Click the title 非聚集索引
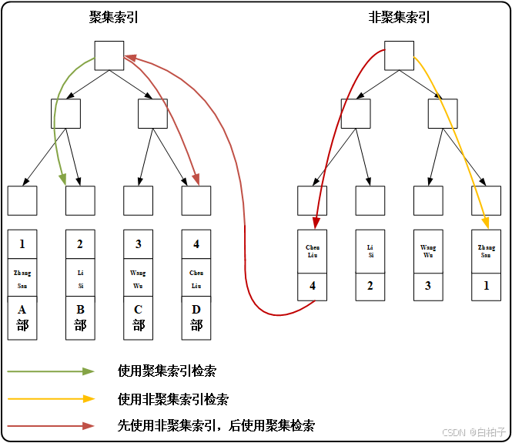(399, 17)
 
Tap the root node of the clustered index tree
(109, 55)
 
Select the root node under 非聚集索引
(399, 55)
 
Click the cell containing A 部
(22, 318)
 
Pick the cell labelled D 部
(196, 318)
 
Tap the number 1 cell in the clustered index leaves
(22, 244)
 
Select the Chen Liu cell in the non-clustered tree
(312, 251)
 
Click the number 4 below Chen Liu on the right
(312, 286)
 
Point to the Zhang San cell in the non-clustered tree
(486, 251)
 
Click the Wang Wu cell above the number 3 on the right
(428, 251)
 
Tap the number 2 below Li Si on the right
(370, 286)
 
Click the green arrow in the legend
(50, 371)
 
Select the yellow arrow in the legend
(50, 399)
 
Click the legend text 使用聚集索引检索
(167, 371)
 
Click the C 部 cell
(139, 318)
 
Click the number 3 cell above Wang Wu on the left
(139, 244)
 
